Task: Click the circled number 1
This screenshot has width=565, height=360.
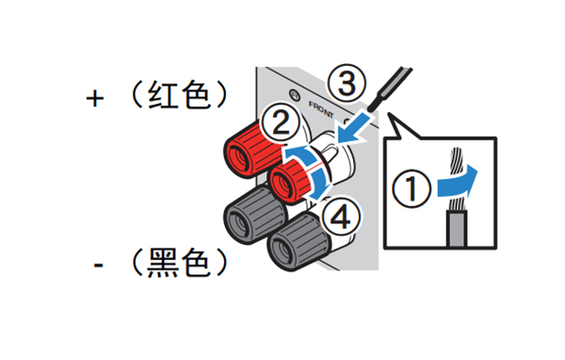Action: (x=412, y=188)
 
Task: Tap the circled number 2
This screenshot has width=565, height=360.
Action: (x=280, y=123)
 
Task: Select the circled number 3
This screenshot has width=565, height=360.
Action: (x=347, y=83)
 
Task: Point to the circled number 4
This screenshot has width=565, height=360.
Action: (x=340, y=217)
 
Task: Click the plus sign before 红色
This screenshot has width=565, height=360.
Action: (x=95, y=98)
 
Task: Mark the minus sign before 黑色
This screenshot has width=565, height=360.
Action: (x=98, y=266)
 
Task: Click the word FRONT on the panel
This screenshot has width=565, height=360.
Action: (x=321, y=109)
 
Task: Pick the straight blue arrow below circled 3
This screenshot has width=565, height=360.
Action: (x=355, y=128)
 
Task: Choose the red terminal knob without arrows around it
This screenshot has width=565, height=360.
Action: (x=250, y=149)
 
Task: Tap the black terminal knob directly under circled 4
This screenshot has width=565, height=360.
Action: (x=298, y=242)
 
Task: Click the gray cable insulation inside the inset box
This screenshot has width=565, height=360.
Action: (x=457, y=229)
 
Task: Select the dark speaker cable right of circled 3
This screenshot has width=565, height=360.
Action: (x=391, y=88)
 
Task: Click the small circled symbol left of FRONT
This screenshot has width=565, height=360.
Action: (x=295, y=94)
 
